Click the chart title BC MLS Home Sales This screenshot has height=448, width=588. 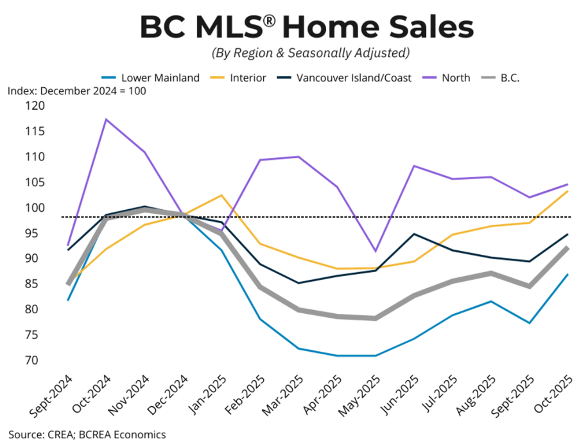coord(307,28)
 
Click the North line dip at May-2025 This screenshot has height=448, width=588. coord(376,251)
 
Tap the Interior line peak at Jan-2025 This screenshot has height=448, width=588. coord(221,195)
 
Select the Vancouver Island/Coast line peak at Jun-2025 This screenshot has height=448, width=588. coord(414,234)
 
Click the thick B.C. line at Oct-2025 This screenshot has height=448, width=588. coord(567,248)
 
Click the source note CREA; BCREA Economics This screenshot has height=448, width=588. coord(87,435)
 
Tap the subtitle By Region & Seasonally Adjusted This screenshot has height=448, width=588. coord(307,53)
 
